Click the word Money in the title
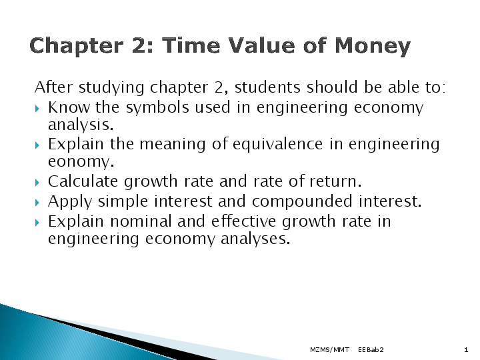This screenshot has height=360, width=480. pos(373,47)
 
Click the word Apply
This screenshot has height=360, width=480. pos(69,201)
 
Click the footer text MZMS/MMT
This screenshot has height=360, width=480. pos(329,349)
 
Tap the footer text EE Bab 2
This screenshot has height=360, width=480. pos(371,349)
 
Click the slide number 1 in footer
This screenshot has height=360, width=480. pos(465,349)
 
